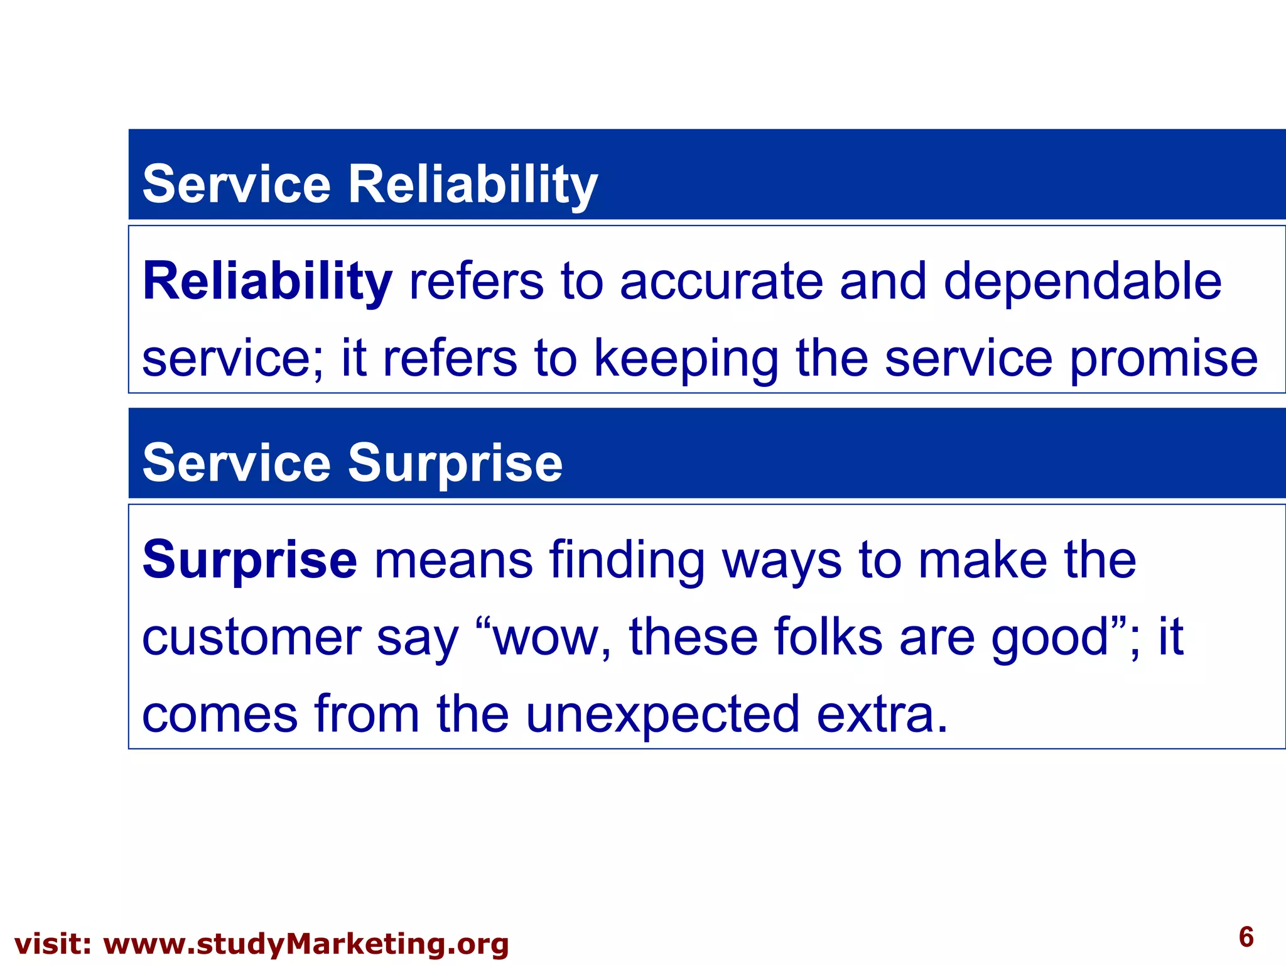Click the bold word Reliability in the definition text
(x=267, y=281)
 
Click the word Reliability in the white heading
(x=472, y=184)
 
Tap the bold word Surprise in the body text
(x=249, y=560)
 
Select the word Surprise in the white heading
(x=455, y=464)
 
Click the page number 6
(x=1246, y=937)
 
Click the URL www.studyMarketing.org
(x=305, y=944)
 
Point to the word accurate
(x=721, y=281)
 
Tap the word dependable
(x=1082, y=281)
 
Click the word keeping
(x=686, y=359)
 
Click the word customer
(x=251, y=638)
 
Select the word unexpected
(x=662, y=715)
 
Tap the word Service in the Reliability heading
(x=236, y=184)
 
